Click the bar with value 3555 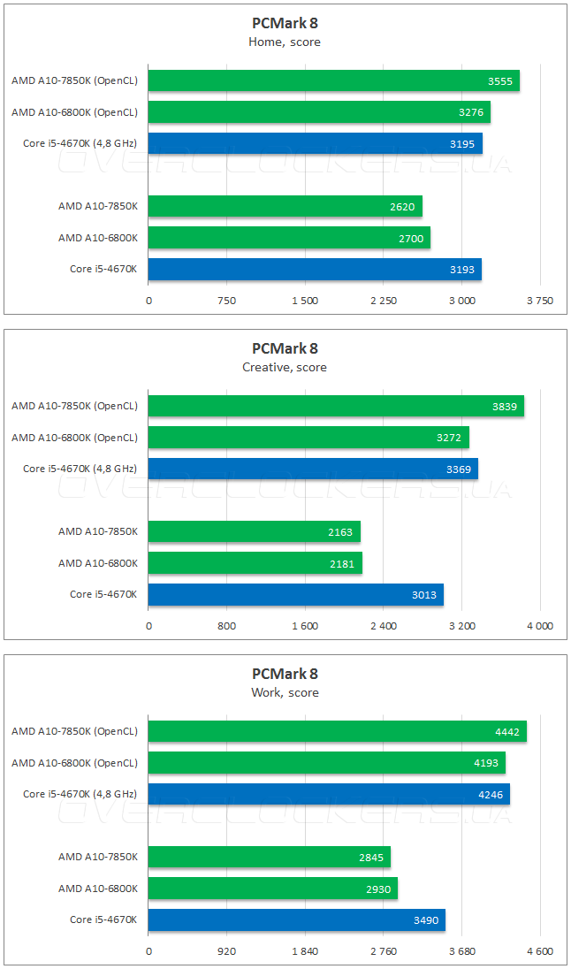click(x=333, y=81)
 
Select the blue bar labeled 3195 click(x=315, y=144)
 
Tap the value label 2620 click(x=402, y=207)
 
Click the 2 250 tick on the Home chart click(x=384, y=301)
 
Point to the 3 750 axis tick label click(x=539, y=301)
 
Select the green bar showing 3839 click(x=336, y=407)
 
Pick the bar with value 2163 click(x=254, y=532)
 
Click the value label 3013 click(x=424, y=595)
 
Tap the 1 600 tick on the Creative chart click(x=305, y=627)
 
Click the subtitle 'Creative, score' click(x=285, y=367)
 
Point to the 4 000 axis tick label click(x=539, y=627)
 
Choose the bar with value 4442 click(x=337, y=732)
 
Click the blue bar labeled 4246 click(x=329, y=795)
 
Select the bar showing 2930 click(x=272, y=889)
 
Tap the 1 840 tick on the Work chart click(x=305, y=952)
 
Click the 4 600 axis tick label click(x=539, y=952)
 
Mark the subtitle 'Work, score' click(x=285, y=692)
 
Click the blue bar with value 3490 click(x=296, y=920)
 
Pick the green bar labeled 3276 click(x=319, y=112)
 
